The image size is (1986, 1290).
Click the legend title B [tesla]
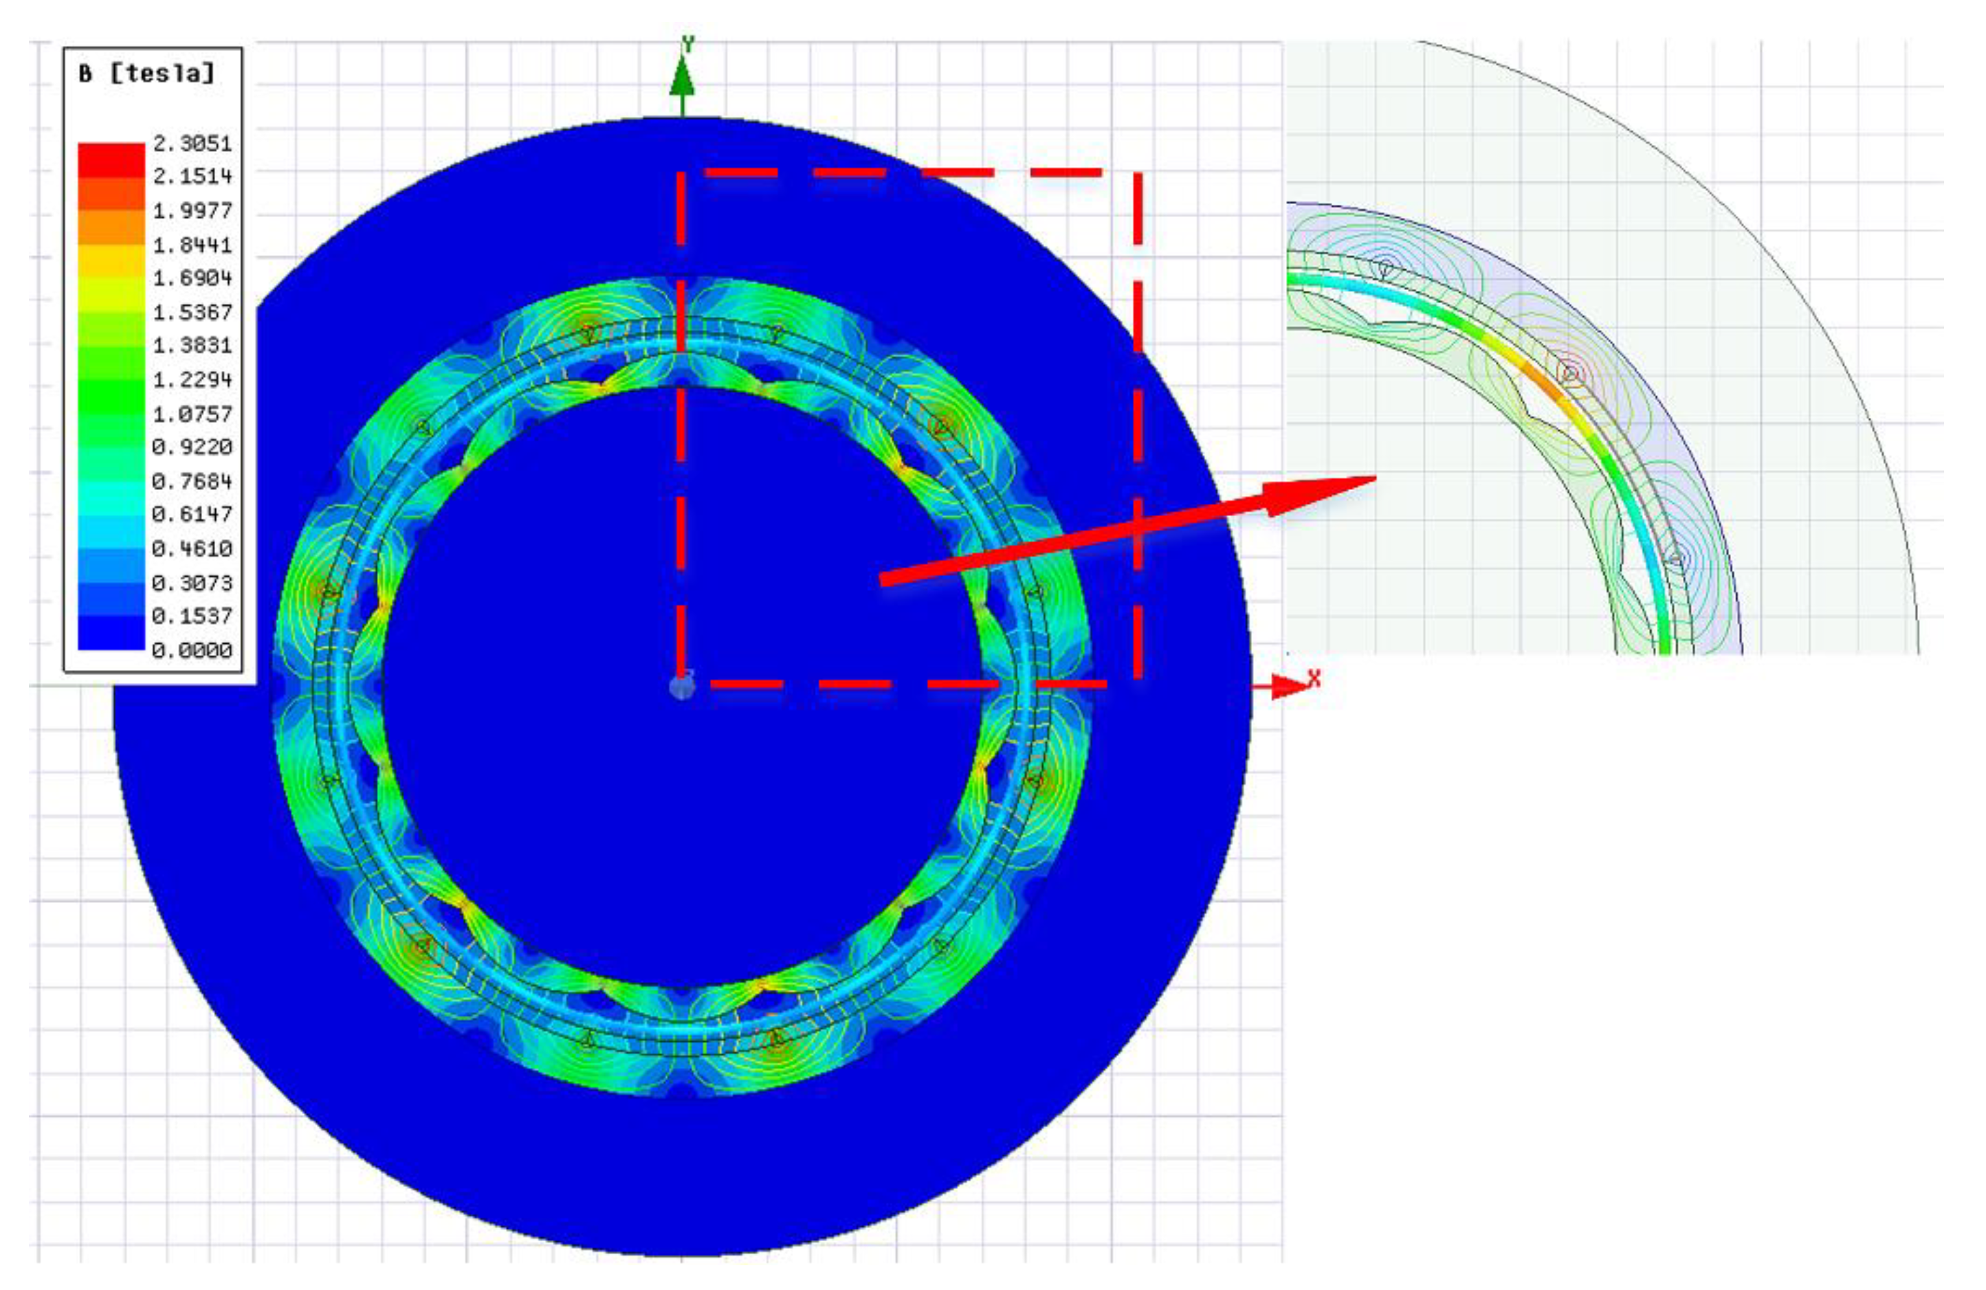click(147, 74)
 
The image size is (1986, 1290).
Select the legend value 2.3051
click(192, 144)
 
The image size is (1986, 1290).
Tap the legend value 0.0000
click(192, 650)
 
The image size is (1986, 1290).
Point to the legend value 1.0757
click(192, 414)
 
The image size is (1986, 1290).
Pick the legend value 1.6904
click(192, 278)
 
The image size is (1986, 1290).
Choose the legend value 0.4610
click(192, 549)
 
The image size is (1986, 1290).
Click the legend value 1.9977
click(192, 210)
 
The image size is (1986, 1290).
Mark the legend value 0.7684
click(192, 482)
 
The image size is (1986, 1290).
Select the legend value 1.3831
click(192, 346)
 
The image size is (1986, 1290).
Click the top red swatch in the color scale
click(111, 159)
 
